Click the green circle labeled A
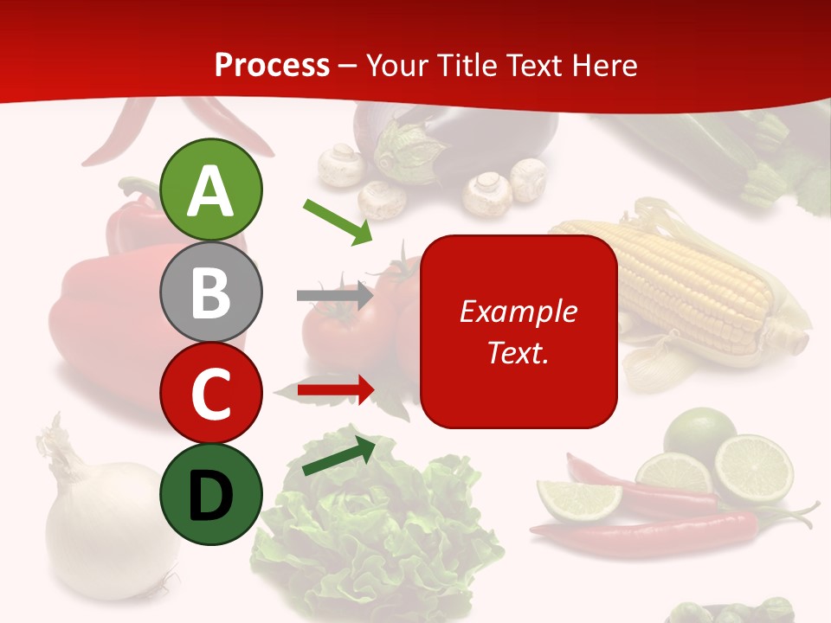click(x=210, y=189)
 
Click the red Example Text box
click(x=519, y=331)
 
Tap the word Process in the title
click(x=272, y=65)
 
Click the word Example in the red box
click(x=518, y=311)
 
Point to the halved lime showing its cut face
click(x=754, y=468)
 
